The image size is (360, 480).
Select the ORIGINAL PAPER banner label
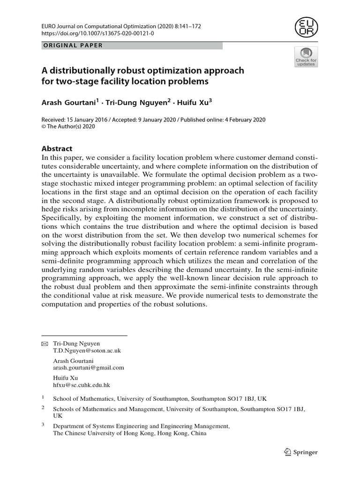pos(72,45)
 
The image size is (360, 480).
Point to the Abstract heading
pos(57,149)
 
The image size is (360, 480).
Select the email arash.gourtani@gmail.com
pos(89,368)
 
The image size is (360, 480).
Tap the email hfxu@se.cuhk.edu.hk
pos(82,385)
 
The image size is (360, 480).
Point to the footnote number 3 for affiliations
pos(43,425)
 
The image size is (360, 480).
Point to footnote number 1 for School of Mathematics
pos(43,397)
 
